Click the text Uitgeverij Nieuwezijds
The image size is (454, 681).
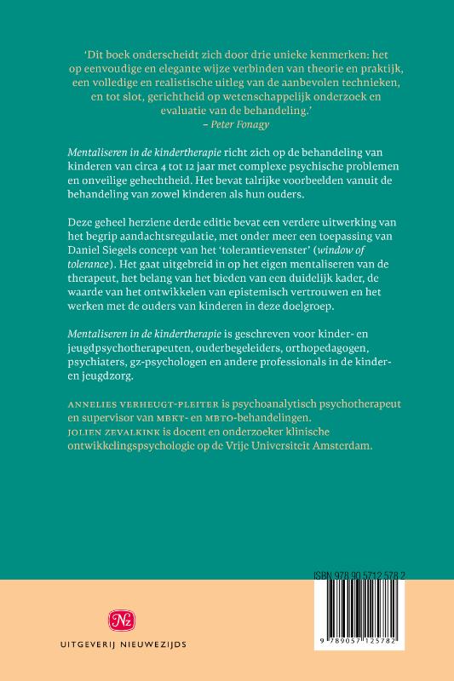[108, 644]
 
